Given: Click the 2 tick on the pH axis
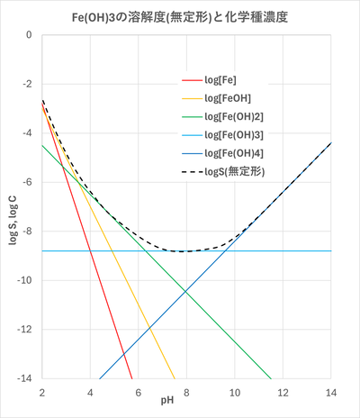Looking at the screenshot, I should [x=42, y=391].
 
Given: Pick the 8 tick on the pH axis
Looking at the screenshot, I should [x=186, y=391].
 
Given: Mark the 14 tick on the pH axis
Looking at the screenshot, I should [x=331, y=391].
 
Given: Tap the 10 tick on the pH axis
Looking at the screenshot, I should [x=235, y=391].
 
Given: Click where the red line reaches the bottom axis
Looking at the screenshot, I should [x=132, y=378].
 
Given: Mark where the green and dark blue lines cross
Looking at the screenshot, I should [x=185, y=290].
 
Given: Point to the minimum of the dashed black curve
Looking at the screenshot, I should [x=184, y=251].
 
